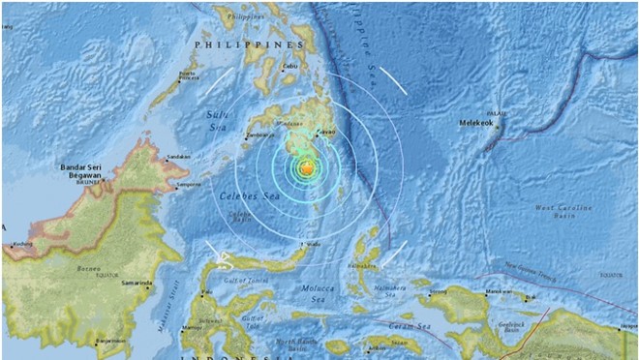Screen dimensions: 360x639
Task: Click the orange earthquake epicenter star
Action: pos(306,169)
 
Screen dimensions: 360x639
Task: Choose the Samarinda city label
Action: pos(136,284)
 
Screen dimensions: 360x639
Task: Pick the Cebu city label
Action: pos(288,67)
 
